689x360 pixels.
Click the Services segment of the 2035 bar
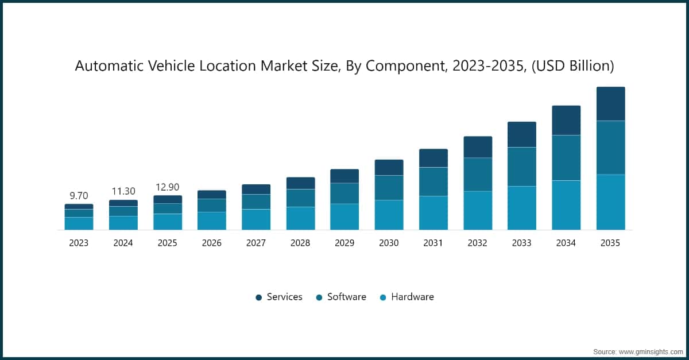pyautogui.click(x=610, y=104)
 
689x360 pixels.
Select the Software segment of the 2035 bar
pyautogui.click(x=610, y=148)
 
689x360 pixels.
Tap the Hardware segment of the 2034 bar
pyautogui.click(x=566, y=205)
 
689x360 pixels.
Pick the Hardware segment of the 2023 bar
pyautogui.click(x=79, y=223)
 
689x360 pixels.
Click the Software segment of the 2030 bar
pyautogui.click(x=389, y=188)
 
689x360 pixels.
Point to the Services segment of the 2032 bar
pyautogui.click(x=478, y=147)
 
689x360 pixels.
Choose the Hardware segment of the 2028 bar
pyautogui.click(x=300, y=218)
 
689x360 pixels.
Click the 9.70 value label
pyautogui.click(x=79, y=195)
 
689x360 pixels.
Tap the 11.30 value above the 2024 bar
pyautogui.click(x=123, y=191)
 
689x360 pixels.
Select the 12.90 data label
pyautogui.click(x=167, y=187)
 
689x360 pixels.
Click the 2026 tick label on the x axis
pyautogui.click(x=212, y=243)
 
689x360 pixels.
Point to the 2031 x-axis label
pyautogui.click(x=433, y=243)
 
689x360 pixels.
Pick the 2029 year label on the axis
pyautogui.click(x=344, y=243)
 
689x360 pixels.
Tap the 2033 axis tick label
pyautogui.click(x=522, y=243)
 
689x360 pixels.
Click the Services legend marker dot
pyautogui.click(x=258, y=297)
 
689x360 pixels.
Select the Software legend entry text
pyautogui.click(x=346, y=297)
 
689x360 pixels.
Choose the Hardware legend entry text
pyautogui.click(x=412, y=297)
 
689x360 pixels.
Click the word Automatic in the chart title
pyautogui.click(x=109, y=67)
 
